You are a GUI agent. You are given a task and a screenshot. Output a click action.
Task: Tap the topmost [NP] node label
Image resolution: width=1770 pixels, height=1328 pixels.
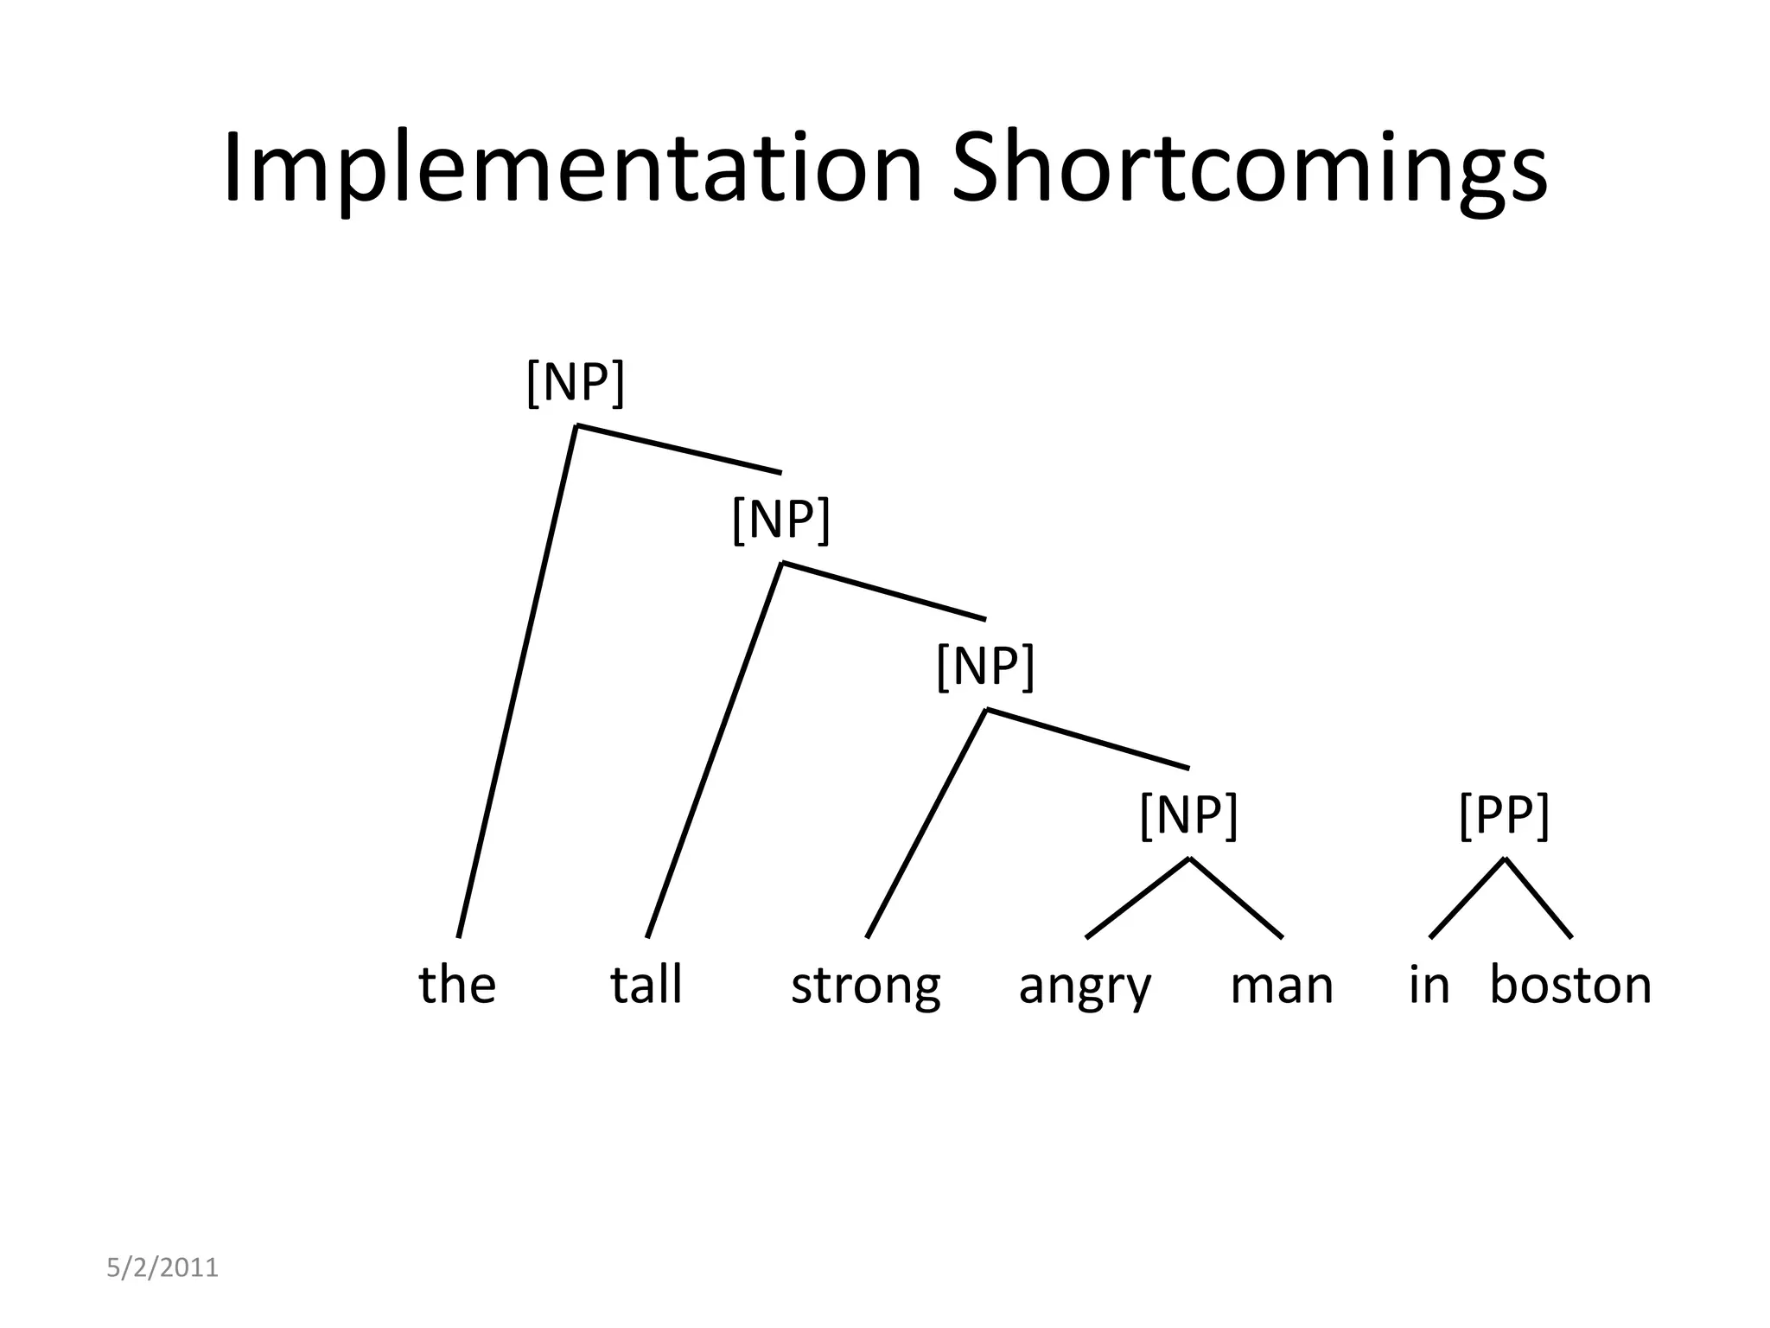[x=575, y=382]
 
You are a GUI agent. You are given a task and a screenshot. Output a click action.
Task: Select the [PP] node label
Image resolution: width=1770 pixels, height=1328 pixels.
[x=1504, y=814]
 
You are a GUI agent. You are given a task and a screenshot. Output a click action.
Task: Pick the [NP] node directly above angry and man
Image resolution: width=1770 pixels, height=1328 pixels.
[x=1189, y=814]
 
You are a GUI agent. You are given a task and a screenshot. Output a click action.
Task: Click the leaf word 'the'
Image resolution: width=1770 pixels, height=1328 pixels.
[x=457, y=984]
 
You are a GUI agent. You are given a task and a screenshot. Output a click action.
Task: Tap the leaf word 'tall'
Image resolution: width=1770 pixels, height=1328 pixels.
[x=646, y=984]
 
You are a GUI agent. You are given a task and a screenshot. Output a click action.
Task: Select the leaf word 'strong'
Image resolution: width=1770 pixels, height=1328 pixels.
[x=865, y=986]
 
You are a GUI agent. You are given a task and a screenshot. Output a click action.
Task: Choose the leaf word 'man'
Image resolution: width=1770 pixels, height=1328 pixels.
[x=1282, y=986]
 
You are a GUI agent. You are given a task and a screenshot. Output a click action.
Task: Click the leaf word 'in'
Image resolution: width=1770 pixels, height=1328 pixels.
[x=1429, y=984]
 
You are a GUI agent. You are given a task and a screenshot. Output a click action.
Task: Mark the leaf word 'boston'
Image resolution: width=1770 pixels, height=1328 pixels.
[x=1570, y=984]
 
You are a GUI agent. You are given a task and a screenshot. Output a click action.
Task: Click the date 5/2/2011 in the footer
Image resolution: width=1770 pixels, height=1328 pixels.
[x=162, y=1267]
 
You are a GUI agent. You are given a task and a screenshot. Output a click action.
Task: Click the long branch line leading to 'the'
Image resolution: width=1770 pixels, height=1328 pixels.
[x=517, y=681]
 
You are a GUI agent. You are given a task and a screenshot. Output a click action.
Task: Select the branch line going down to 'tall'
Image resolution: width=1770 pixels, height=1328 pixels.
[x=714, y=750]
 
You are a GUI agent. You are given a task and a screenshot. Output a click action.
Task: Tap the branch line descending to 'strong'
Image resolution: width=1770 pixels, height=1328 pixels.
[x=926, y=823]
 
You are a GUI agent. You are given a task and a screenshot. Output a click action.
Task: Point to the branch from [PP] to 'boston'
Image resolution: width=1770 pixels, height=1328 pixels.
[x=1538, y=897]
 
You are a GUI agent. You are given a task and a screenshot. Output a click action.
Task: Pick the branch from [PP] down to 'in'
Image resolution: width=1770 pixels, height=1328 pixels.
[x=1468, y=897]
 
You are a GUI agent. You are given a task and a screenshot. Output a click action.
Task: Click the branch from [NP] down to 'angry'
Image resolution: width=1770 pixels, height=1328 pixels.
[x=1137, y=897]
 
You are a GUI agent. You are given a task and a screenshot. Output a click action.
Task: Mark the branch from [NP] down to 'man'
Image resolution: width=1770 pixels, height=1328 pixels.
[x=1236, y=897]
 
